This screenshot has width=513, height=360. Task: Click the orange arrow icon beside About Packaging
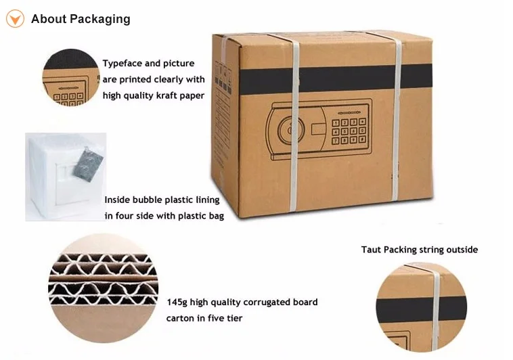point(15,19)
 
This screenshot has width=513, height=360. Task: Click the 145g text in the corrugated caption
point(177,302)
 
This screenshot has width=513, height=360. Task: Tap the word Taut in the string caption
point(372,250)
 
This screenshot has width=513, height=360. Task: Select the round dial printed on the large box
point(290,130)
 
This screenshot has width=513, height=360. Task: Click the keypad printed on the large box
point(349,131)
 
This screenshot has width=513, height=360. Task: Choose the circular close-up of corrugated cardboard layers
point(104,288)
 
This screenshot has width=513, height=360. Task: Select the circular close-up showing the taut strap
point(422,307)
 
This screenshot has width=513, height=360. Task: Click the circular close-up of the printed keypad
point(71,78)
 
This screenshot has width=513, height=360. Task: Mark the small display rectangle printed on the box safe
point(318,129)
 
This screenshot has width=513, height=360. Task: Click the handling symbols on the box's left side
point(223,78)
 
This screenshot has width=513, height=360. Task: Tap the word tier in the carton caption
point(234,318)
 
